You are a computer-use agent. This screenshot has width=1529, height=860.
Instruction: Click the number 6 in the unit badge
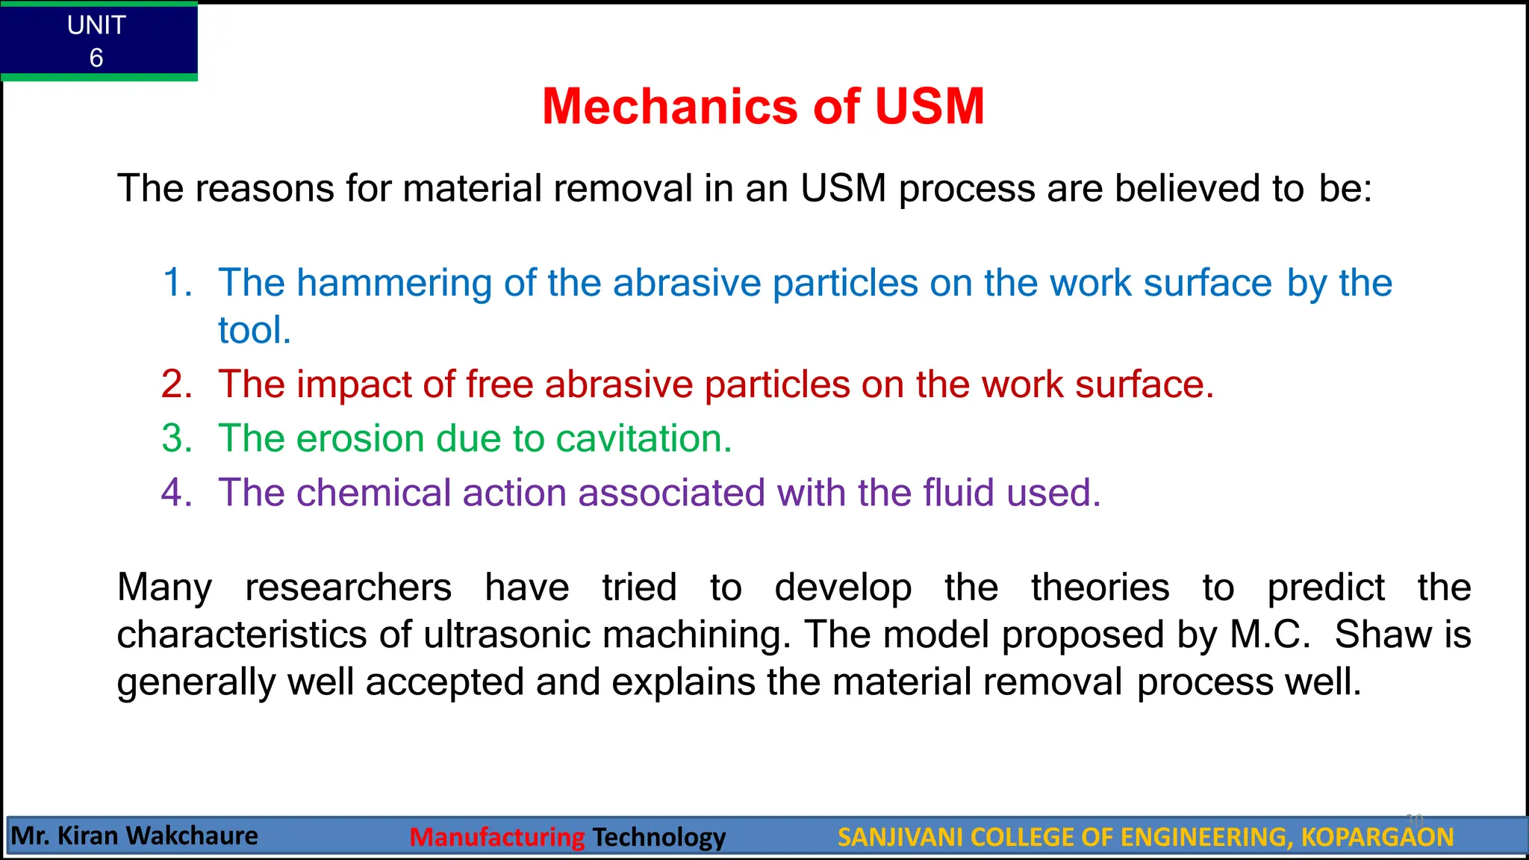coord(96,57)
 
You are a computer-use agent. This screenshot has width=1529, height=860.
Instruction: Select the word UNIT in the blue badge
coord(96,25)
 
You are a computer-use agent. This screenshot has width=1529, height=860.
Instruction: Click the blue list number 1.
coord(177,283)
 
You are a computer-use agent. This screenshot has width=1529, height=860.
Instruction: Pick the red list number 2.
coord(177,384)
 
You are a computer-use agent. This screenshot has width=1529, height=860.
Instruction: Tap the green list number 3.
coord(177,438)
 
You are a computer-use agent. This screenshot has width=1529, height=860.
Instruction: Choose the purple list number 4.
coord(177,493)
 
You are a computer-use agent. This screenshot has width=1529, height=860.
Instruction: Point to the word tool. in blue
coord(254,330)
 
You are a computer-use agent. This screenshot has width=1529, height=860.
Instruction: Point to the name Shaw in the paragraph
coord(1383,635)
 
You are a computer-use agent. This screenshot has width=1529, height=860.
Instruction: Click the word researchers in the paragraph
coord(348,588)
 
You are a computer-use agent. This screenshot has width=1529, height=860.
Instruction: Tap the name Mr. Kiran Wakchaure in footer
coord(135,835)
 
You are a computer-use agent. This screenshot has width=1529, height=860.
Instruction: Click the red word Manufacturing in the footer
coord(497,837)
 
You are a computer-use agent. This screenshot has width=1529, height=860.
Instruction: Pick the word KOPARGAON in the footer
coord(1377,837)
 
